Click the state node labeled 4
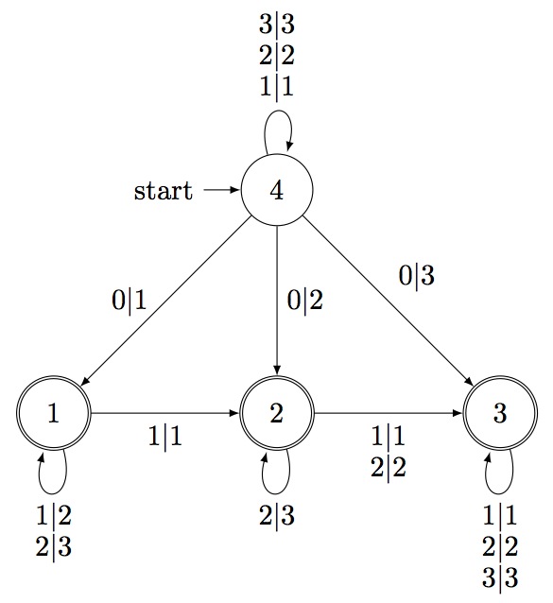pyautogui.click(x=277, y=190)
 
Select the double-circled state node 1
pyautogui.click(x=54, y=413)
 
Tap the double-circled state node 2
pyautogui.click(x=277, y=413)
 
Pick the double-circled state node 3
pyautogui.click(x=500, y=413)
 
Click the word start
pyautogui.click(x=163, y=190)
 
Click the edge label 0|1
pyautogui.click(x=130, y=300)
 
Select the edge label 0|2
pyautogui.click(x=305, y=300)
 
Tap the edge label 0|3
pyautogui.click(x=417, y=276)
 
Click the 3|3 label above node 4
pyautogui.click(x=277, y=25)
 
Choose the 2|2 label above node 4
pyautogui.click(x=277, y=56)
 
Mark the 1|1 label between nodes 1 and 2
pyautogui.click(x=165, y=437)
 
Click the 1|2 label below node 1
pyautogui.click(x=54, y=515)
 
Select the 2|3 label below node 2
pyautogui.click(x=277, y=515)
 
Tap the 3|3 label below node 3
pyautogui.click(x=500, y=577)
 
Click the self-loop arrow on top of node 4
pyautogui.click(x=278, y=111)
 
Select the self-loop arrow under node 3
pyautogui.click(x=499, y=493)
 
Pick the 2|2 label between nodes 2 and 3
pyautogui.click(x=389, y=468)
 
